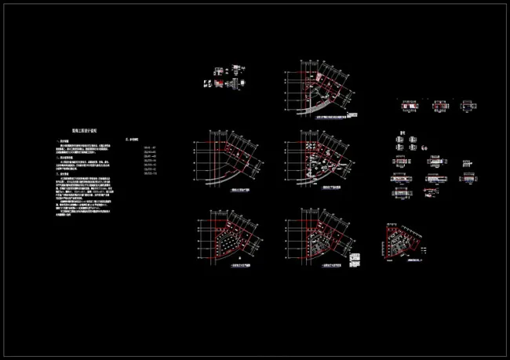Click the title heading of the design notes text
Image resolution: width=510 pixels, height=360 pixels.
pyautogui.click(x=84, y=133)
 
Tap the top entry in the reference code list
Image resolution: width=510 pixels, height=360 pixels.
pyautogui.click(x=148, y=148)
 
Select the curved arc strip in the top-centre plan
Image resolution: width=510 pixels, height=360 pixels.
pyautogui.click(x=321, y=105)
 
